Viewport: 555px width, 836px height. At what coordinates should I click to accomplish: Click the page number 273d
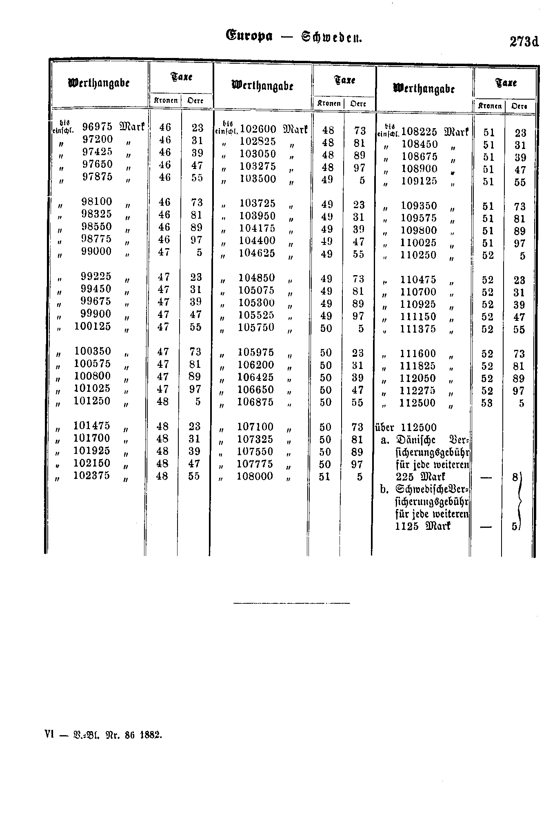pos(524,42)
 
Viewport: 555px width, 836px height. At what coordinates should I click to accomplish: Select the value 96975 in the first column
pos(97,127)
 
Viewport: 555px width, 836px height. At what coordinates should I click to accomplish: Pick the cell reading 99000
pos(96,251)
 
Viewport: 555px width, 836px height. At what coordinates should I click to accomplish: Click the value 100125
pos(92,326)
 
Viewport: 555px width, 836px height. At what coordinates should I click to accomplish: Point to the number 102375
pos(91,476)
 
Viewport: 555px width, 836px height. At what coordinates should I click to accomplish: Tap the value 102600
pos(258,129)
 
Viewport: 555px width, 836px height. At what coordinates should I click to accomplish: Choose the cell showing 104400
pos(257,240)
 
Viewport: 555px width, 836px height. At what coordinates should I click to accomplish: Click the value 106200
pos(256,365)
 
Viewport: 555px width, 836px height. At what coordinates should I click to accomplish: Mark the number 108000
pos(255,476)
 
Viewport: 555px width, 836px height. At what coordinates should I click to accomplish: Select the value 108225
pos(420,132)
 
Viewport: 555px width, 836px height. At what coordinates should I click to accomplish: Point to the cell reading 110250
pos(419,255)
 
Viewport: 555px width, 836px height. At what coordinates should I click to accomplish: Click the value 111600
pos(418,354)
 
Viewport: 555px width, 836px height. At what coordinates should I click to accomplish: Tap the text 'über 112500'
pos(406,427)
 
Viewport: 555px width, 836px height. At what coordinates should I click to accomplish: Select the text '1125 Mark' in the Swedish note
pos(423,526)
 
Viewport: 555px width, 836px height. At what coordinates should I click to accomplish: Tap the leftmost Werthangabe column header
pos(99,83)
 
